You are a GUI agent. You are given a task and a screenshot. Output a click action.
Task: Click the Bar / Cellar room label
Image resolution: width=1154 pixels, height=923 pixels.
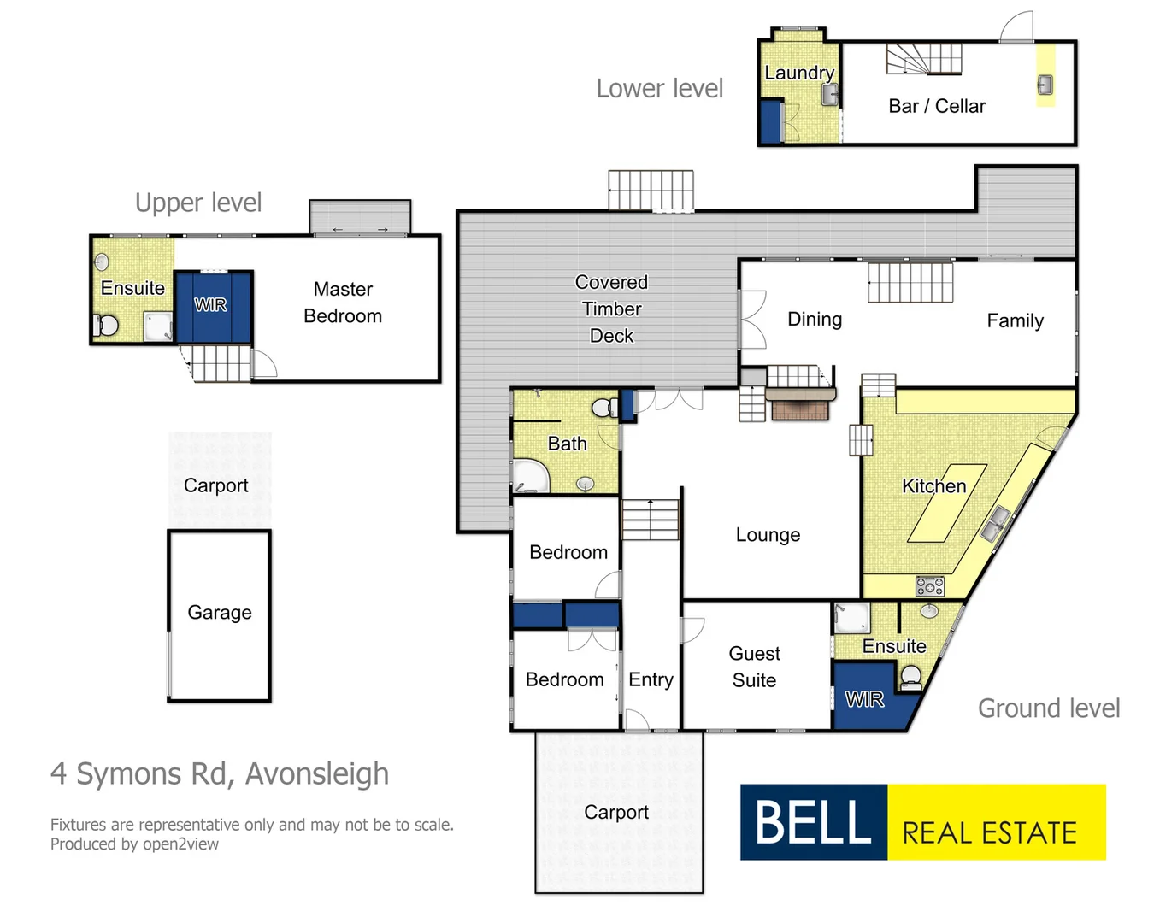tap(937, 106)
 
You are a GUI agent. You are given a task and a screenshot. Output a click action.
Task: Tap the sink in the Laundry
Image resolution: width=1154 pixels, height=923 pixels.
tap(829, 94)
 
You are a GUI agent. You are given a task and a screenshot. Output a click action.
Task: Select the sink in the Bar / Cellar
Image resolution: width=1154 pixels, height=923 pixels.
tap(1045, 85)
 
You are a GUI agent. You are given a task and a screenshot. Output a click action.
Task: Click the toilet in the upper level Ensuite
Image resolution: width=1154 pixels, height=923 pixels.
tap(107, 326)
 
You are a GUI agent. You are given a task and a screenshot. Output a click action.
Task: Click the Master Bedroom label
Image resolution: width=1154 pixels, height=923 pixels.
tap(343, 303)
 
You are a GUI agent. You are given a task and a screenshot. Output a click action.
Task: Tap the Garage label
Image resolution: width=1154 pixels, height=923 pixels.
tap(220, 613)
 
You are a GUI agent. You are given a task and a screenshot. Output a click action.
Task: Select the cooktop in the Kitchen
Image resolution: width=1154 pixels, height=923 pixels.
tap(929, 586)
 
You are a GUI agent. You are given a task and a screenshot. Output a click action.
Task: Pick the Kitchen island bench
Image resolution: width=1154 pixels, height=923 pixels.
tap(947, 503)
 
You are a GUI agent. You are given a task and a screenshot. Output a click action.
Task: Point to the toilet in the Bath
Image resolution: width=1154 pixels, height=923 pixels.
tap(605, 408)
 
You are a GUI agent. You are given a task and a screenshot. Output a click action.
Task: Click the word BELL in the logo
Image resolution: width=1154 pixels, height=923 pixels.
tap(813, 822)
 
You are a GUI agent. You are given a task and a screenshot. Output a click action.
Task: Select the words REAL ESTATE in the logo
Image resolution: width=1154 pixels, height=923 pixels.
tap(989, 832)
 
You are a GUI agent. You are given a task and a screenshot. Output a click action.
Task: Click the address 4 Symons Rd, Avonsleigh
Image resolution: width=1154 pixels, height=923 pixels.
tap(220, 773)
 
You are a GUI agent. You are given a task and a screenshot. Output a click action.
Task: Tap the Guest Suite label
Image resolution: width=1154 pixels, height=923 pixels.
tap(754, 667)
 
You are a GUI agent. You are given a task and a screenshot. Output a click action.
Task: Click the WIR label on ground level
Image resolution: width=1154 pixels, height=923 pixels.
tap(864, 700)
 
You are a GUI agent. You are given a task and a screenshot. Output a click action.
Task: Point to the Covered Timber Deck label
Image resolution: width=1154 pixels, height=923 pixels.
tap(611, 309)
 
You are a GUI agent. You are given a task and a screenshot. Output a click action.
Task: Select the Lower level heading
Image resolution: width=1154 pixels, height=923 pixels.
tap(659, 88)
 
